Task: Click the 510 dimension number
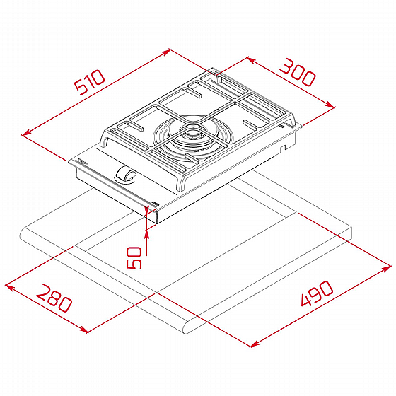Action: coord(90,82)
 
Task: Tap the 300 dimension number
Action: coord(298,72)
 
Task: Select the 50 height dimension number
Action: coord(134,257)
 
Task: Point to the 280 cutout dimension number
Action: coord(54,298)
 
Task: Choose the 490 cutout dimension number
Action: coord(318,293)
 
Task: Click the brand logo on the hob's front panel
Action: coord(82,162)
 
